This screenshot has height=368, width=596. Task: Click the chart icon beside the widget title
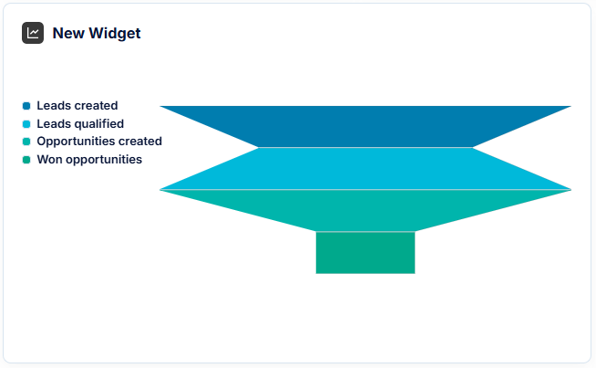pos(33,33)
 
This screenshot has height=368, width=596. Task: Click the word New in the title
pos(68,33)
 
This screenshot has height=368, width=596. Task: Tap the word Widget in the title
pos(115,34)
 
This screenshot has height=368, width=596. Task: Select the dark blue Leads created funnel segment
pos(365,127)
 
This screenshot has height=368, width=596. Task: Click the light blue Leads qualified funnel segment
pos(365,168)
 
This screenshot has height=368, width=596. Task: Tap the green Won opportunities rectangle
pos(365,253)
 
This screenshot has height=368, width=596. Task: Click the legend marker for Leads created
pos(26,106)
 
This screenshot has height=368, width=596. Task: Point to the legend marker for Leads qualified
pos(26,124)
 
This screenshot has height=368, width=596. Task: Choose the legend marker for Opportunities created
pos(26,142)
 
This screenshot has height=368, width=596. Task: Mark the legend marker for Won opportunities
pos(26,160)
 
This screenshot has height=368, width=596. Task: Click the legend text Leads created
pos(77,106)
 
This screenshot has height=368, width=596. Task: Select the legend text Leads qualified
pos(80,124)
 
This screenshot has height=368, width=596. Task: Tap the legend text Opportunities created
pos(99,142)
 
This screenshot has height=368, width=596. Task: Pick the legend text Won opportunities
pos(89,160)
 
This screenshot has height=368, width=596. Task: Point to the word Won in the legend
pos(49,159)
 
